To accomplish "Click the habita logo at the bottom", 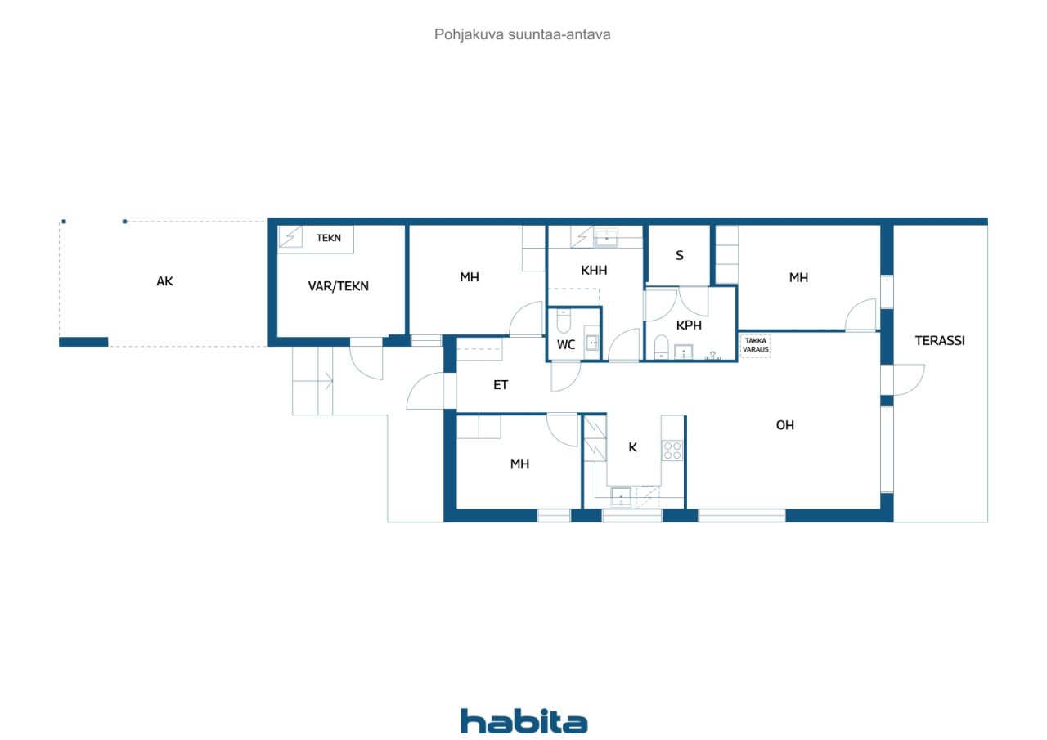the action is [x=523, y=721].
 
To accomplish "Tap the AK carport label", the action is [x=164, y=281].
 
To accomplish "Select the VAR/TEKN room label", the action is [x=338, y=286].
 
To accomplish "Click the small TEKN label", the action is [x=329, y=238].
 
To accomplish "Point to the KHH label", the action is [x=594, y=270].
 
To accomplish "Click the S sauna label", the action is [x=680, y=256].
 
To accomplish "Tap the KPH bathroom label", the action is [x=689, y=325].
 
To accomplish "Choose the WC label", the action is [x=565, y=345].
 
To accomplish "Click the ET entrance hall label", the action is [x=500, y=385].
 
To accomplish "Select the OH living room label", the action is [x=784, y=425].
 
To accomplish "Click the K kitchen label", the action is [x=632, y=447].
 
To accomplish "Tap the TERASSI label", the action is [x=940, y=341].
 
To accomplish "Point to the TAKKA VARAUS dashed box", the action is [x=755, y=345].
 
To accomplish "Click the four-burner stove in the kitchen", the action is [x=672, y=451].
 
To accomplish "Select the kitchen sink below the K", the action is [x=621, y=497].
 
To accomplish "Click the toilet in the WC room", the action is [x=564, y=321].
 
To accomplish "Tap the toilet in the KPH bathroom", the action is [x=661, y=347].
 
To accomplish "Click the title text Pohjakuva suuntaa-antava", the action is [x=522, y=34].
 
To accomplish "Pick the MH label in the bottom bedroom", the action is [x=519, y=464].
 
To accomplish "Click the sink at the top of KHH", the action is [x=606, y=238].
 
